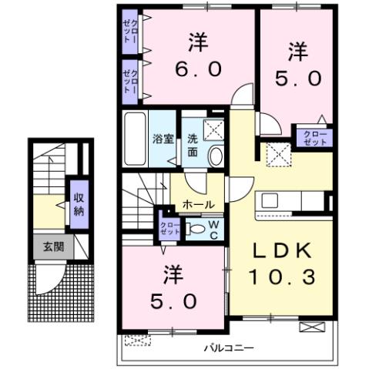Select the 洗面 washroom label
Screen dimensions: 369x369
[193, 146]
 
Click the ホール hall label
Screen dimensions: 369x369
[199, 205]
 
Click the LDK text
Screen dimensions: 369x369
[280, 250]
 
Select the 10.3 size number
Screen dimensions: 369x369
[280, 277]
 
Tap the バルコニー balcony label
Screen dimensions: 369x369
[229, 348]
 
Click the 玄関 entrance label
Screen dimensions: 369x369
[52, 248]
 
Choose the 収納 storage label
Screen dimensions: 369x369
[79, 203]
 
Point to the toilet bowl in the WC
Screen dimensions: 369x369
[197, 229]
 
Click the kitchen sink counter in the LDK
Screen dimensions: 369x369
[293, 202]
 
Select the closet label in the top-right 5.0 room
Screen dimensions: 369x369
[314, 139]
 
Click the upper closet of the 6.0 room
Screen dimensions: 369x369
[129, 32]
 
